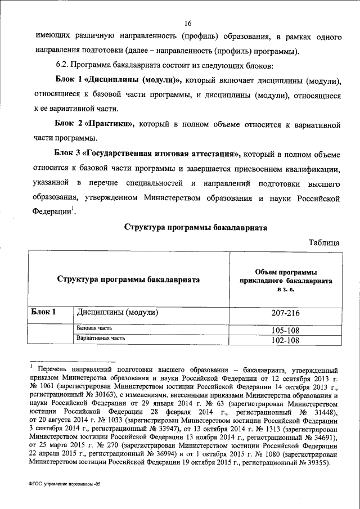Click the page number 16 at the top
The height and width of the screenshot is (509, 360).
[188, 23]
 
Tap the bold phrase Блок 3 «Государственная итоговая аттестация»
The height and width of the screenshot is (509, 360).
[147, 154]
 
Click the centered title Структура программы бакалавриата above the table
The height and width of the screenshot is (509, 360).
[195, 227]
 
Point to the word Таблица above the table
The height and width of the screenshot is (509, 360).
[323, 242]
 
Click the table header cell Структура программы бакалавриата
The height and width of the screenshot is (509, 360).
[129, 279]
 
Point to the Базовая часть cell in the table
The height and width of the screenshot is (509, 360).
[94, 328]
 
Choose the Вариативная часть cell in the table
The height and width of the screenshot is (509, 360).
[101, 338]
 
